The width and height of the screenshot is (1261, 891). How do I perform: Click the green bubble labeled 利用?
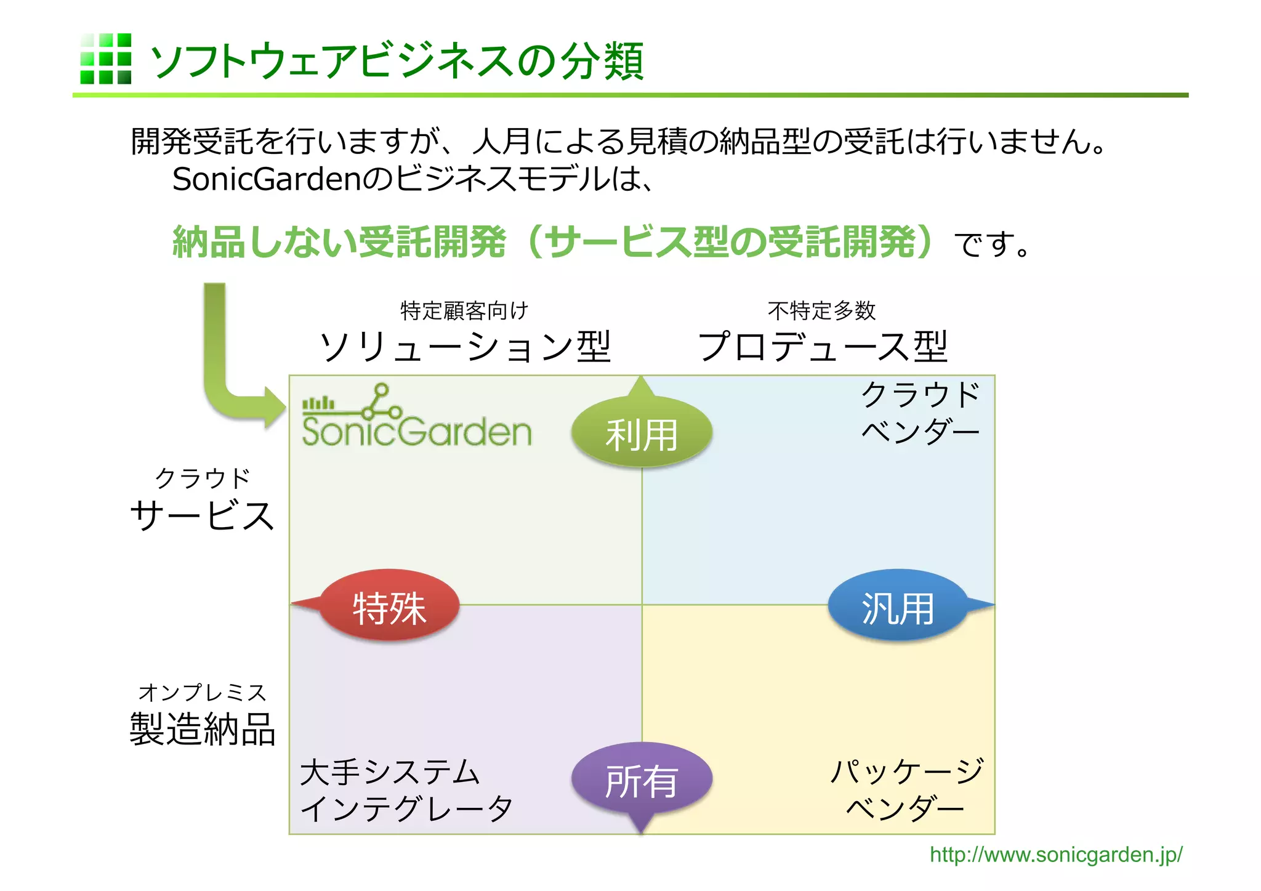coord(642,433)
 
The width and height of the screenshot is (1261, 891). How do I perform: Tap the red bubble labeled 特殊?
coord(389,606)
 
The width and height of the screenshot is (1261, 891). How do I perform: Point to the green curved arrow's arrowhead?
coord(275,407)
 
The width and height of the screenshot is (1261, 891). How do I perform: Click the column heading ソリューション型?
coord(465,347)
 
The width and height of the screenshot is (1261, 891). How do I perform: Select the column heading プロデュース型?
coord(823,347)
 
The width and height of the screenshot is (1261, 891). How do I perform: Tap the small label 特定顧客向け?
coord(464,311)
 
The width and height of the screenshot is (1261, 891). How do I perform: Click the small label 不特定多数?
coord(821,311)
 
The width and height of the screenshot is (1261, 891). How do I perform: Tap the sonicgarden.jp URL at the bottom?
coord(1055,855)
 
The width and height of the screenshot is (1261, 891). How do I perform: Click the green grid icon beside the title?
coord(105,58)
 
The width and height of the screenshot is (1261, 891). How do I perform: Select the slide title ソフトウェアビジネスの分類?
coord(397,61)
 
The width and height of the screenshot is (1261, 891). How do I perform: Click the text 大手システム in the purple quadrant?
coord(389,772)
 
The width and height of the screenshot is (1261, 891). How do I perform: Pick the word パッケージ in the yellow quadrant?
coord(906,771)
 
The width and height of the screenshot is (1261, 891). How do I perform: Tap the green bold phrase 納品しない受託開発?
coord(339,242)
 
